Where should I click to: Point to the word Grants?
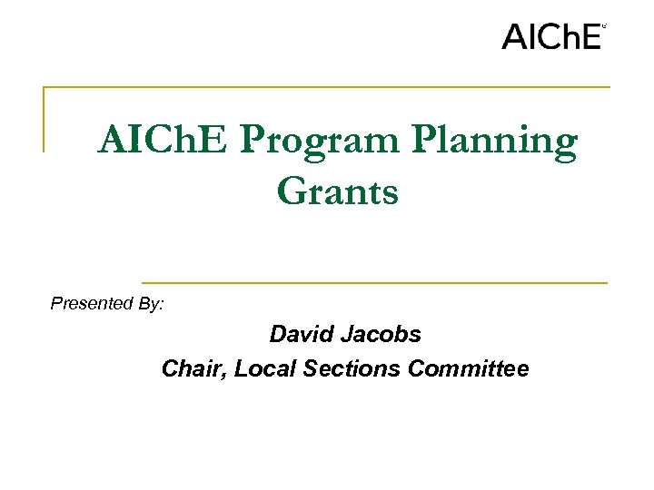point(337,191)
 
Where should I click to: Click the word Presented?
point(92,303)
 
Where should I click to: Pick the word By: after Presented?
point(152,304)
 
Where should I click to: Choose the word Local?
point(260,368)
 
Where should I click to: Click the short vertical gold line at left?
point(44,119)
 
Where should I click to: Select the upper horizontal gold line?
point(327,87)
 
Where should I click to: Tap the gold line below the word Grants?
point(374,282)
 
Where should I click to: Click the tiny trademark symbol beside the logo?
point(604,27)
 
